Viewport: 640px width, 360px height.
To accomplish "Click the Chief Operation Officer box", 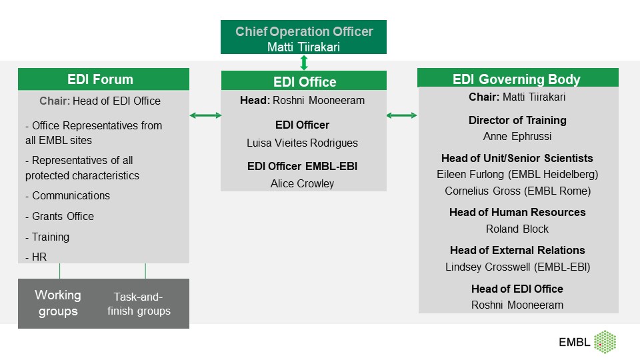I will coord(304,38).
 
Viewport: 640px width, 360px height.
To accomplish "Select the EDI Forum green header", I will coord(103,79).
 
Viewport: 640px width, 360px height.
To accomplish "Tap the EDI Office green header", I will coord(304,82).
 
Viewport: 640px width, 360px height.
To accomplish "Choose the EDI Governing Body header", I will coord(517,79).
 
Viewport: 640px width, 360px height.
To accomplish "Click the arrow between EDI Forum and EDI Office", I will coord(205,116).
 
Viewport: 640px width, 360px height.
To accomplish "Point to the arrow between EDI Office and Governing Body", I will coord(402,116).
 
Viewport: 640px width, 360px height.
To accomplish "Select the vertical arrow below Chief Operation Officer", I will coord(304,63).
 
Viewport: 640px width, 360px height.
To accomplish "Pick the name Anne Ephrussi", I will coord(517,137).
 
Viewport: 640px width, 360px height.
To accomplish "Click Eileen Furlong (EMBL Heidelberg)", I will coord(517,175).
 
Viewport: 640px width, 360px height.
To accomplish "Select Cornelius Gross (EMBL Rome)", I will coord(517,191).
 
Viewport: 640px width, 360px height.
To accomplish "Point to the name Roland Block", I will coord(517,229).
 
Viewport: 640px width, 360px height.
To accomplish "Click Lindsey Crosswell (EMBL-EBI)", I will coord(517,267).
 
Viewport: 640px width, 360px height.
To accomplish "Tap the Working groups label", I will coord(58,303).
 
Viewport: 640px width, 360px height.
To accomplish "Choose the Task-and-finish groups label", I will coord(139,304).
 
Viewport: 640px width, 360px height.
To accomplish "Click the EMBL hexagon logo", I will coord(604,342).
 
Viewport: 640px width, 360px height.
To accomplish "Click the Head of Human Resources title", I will coord(517,212).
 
